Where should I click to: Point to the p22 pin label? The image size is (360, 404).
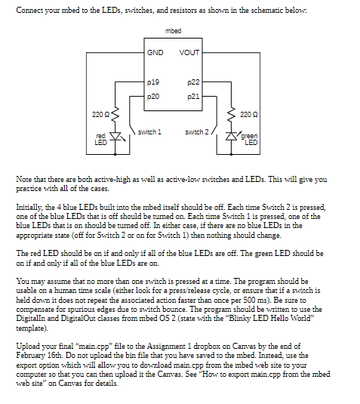(193, 81)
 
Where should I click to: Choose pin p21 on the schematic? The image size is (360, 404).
(193, 96)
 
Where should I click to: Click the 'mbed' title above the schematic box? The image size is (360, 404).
(172, 30)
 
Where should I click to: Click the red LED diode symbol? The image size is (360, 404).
(115, 137)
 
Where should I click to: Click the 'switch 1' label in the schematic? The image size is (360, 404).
(149, 131)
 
